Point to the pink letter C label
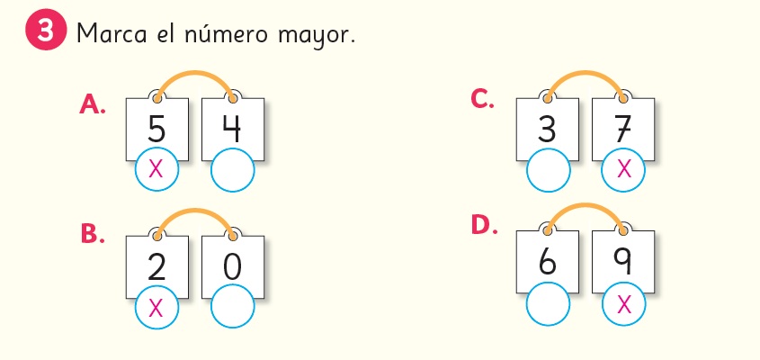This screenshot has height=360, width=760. pos(483,99)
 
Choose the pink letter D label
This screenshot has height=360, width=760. pos(484,226)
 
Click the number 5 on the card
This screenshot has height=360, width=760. pos(157,129)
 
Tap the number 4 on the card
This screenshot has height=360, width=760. pos(232,129)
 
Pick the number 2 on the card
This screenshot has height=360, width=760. pos(157,267)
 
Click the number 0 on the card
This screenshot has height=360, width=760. pos(232,267)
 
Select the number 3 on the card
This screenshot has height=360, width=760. pos(547,129)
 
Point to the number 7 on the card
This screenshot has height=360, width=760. pos(622,129)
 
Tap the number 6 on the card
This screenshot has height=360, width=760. pos(548,261)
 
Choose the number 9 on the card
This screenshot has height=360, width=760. pos(622,261)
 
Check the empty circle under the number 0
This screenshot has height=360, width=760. pos(232,309)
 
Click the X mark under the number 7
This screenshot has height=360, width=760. pos(624,169)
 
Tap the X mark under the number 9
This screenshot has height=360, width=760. pos(624,304)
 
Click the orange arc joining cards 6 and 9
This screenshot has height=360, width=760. pos(585,206)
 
